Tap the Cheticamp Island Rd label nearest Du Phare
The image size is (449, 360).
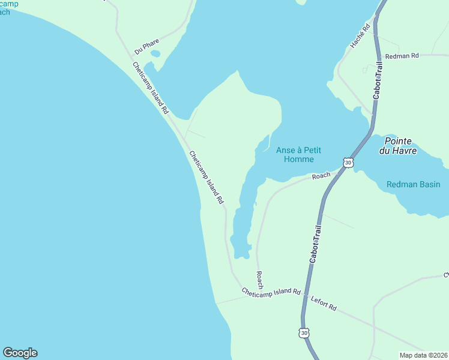coord(151,88)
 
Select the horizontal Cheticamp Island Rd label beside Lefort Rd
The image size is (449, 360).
coord(271,292)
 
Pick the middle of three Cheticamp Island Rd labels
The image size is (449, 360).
coord(206,176)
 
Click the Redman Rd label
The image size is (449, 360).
coord(402,56)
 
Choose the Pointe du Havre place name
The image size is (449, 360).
coord(397,145)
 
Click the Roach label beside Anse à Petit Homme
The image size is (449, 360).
coord(321,176)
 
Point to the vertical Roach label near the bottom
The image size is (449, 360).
coord(259,280)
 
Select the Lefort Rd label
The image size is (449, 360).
coord(324,303)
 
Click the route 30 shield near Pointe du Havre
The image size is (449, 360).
coord(348,162)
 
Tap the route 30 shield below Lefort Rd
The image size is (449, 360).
coord(304,332)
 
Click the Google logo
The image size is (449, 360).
coord(20,353)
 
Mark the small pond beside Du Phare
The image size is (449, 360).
coord(155,53)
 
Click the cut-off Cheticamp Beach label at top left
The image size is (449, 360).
coord(8,7)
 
